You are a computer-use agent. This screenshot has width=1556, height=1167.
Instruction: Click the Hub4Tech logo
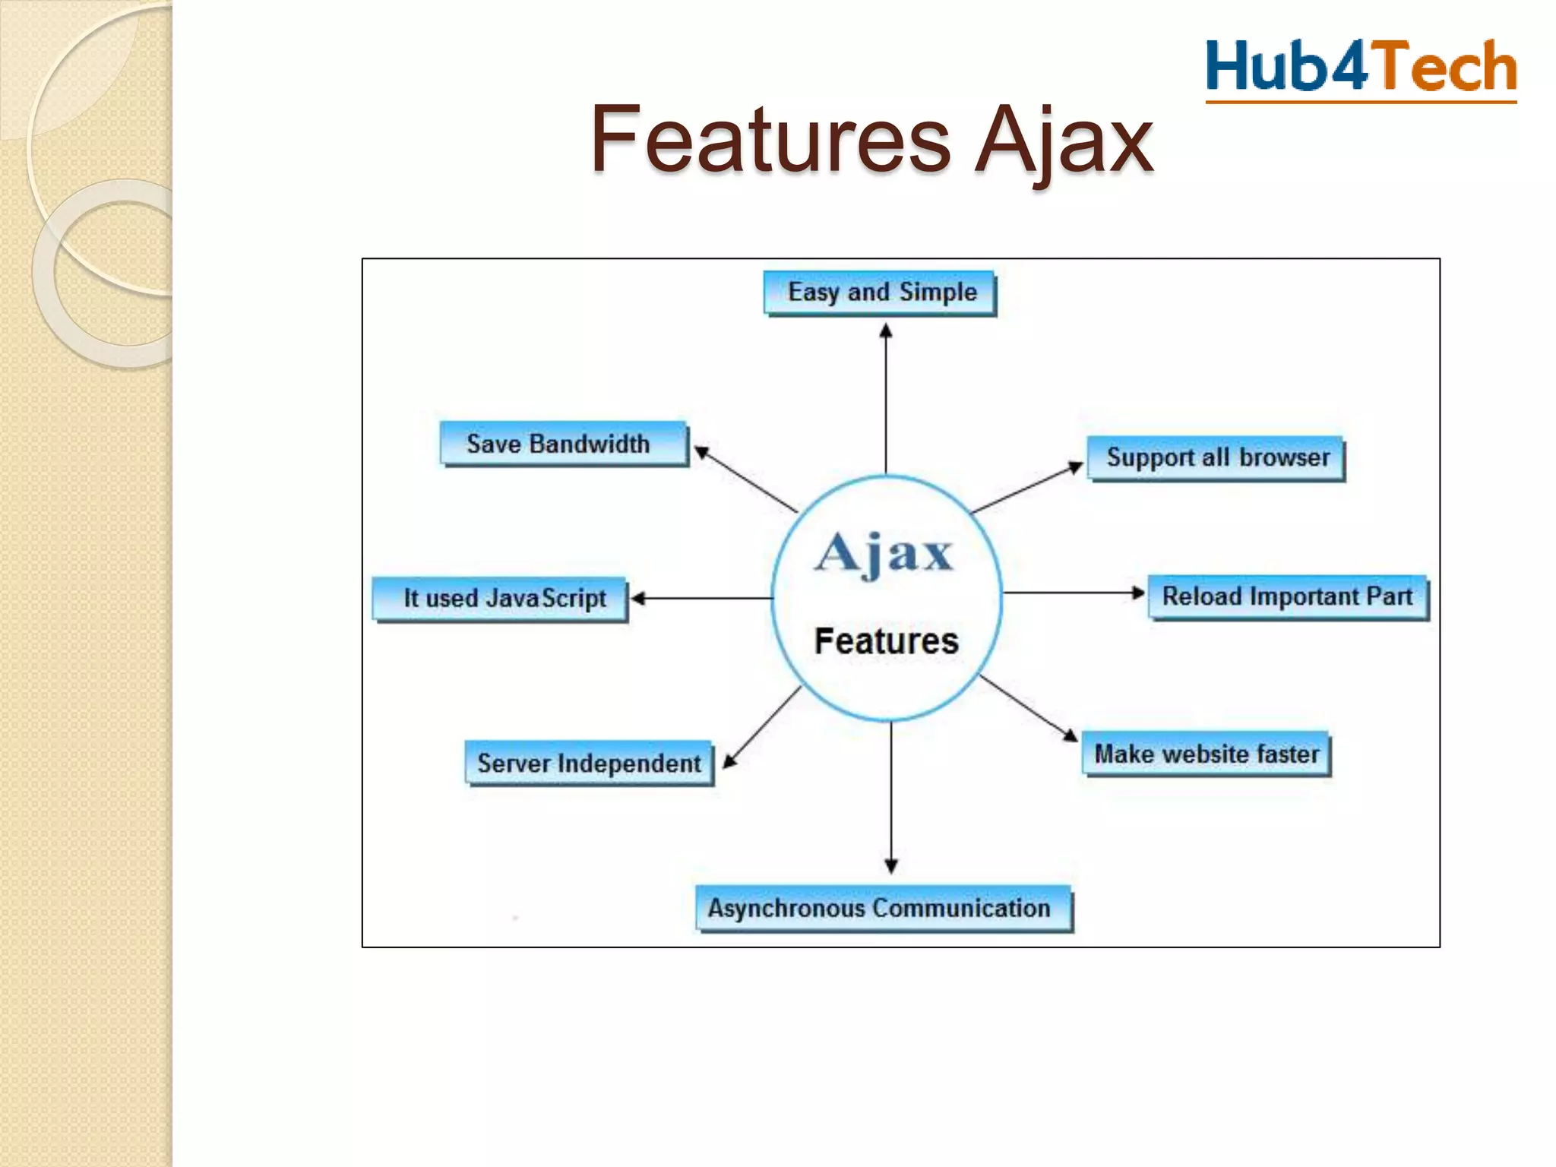point(1361,68)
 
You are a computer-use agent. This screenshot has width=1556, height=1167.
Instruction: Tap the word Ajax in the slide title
point(1064,141)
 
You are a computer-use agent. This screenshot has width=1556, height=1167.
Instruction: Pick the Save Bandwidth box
point(563,444)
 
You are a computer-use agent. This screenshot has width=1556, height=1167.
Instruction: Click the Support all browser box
point(1216,458)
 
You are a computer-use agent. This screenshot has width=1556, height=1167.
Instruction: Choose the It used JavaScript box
point(501,599)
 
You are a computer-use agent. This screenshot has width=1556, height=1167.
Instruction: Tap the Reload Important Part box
point(1288,597)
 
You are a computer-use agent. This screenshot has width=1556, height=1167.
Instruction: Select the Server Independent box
point(590,763)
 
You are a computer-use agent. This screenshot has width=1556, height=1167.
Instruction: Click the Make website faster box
point(1206,754)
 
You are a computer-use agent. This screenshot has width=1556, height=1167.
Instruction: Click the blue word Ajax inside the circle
point(884,552)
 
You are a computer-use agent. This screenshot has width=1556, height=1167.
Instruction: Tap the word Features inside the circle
point(886,641)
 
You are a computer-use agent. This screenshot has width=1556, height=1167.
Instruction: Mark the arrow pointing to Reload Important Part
point(1073,593)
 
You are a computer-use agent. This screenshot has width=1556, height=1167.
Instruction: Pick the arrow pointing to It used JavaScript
point(702,599)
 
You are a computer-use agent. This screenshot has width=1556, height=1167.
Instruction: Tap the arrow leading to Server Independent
point(762,727)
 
